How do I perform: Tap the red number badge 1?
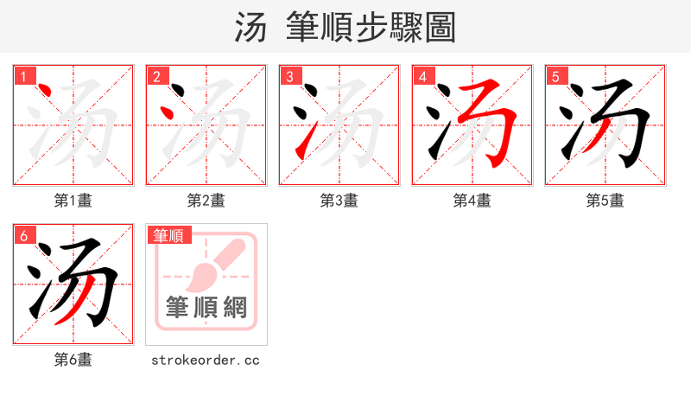[x=23, y=76]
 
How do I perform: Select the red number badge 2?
[x=156, y=76]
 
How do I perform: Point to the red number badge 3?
[x=289, y=76]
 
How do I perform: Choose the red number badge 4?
[x=422, y=76]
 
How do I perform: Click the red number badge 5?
[x=555, y=76]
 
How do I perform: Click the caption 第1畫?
[x=73, y=201]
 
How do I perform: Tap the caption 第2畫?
[x=206, y=201]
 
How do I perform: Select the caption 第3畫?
[x=339, y=201]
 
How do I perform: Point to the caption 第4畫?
[x=472, y=201]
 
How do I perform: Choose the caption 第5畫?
[x=605, y=201]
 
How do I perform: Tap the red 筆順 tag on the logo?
[x=170, y=235]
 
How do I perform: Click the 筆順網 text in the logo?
[x=206, y=307]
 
